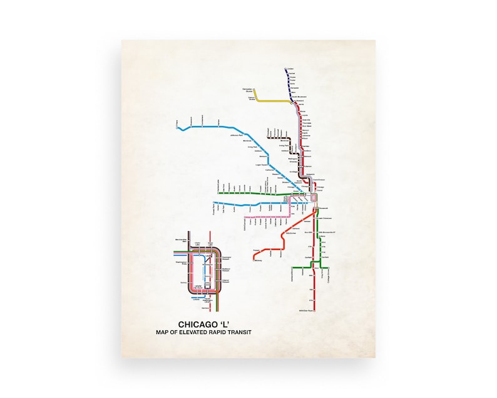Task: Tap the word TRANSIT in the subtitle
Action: (x=238, y=332)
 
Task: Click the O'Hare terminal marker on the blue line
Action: (x=180, y=128)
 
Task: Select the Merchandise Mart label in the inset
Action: (x=182, y=241)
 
